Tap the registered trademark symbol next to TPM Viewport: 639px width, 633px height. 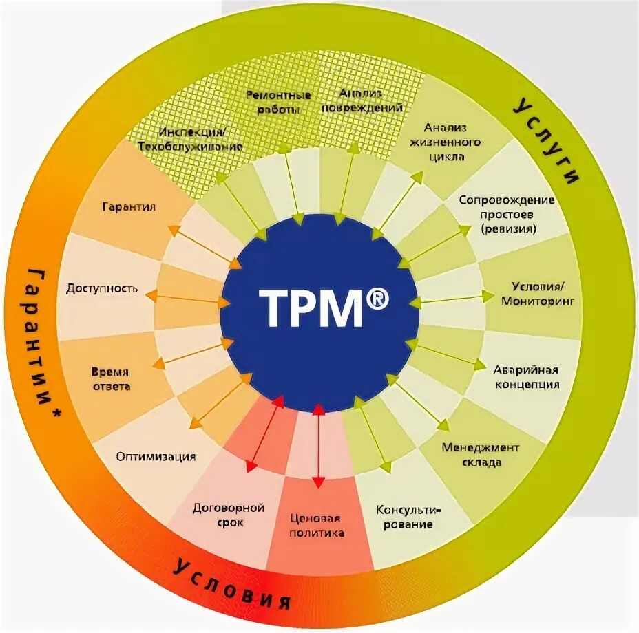[376, 299]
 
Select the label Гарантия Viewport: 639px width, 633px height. [129, 206]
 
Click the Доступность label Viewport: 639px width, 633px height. [102, 288]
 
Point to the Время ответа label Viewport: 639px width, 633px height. [111, 378]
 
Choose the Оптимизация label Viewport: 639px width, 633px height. [156, 456]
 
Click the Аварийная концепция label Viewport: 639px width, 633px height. [527, 377]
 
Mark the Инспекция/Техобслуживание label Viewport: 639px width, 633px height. [189, 139]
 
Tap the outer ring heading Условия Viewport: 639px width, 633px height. [231, 584]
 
